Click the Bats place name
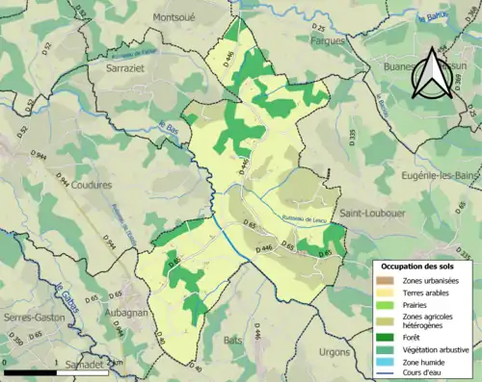[233, 340]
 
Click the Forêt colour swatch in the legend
[387, 336]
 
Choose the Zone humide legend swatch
[387, 363]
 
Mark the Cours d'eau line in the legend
[387, 374]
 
